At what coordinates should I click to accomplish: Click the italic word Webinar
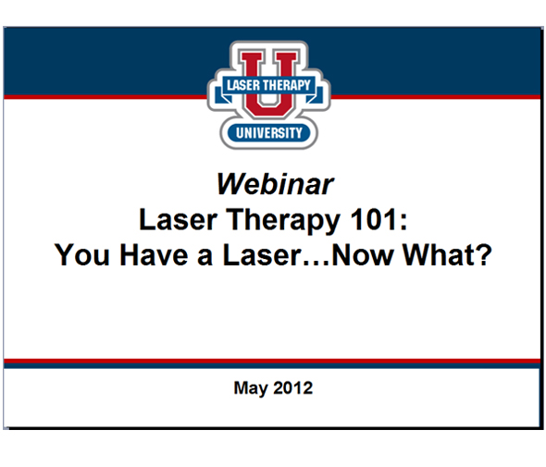(274, 184)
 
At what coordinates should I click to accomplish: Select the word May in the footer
(251, 388)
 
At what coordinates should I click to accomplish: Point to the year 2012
(293, 387)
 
